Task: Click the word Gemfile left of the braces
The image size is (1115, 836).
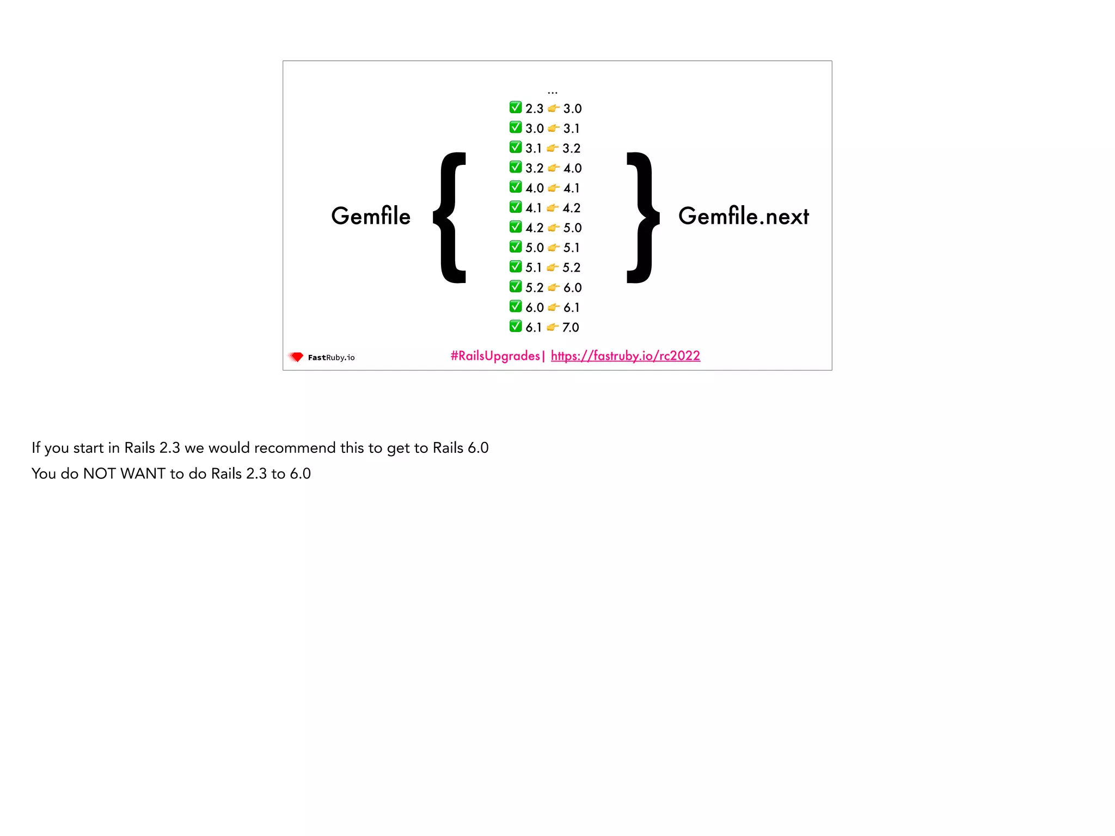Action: [371, 216]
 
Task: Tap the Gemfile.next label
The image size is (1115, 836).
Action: [743, 216]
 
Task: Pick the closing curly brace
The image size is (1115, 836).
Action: [642, 218]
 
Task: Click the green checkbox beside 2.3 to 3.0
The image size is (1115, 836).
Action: [516, 107]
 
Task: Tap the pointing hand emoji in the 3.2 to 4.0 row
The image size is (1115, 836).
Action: [554, 168]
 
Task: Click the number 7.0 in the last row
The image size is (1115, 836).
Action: [571, 327]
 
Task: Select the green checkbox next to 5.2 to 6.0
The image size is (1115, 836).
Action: [516, 286]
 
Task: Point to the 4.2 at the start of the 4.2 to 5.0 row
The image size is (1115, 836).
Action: [534, 228]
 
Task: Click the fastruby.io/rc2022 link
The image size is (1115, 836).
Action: [625, 356]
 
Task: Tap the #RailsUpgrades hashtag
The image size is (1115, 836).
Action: [495, 356]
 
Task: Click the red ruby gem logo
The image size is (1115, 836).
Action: [296, 357]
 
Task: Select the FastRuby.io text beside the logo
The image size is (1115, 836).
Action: [331, 358]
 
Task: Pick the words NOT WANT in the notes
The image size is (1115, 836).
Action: [124, 474]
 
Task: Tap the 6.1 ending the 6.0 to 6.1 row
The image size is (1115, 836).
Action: [572, 308]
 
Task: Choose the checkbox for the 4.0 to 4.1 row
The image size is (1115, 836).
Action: [516, 187]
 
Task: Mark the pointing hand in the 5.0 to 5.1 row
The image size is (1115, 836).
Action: [554, 248]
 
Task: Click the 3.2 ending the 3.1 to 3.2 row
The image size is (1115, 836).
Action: [572, 148]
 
